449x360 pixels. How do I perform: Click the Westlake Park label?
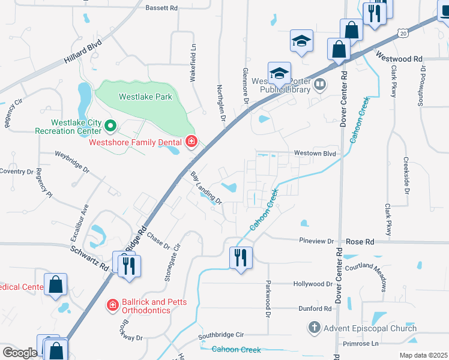point(145,97)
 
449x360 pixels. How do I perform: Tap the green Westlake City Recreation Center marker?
point(110,125)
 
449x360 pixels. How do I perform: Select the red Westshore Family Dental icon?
point(191,142)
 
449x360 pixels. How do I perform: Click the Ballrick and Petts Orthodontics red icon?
point(112,305)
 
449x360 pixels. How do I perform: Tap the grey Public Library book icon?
point(320,85)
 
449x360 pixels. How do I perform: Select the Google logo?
point(19,352)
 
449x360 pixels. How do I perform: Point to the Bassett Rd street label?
point(161,8)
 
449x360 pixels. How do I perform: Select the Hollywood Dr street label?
point(312,284)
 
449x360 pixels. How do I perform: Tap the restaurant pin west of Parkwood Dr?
point(241,258)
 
